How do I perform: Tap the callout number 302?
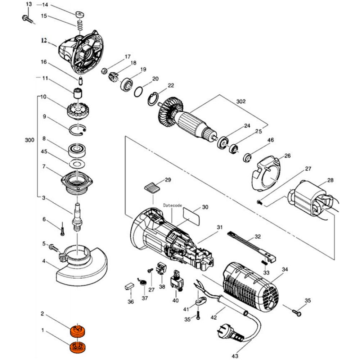click(241, 102)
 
